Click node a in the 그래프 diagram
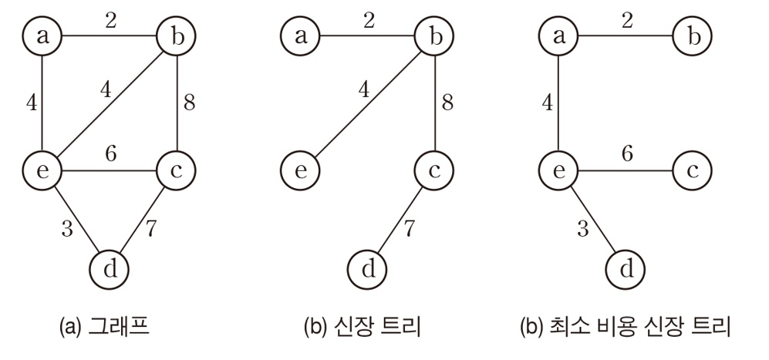[x=43, y=35]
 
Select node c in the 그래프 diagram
[x=176, y=170]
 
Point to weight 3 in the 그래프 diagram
[x=67, y=228]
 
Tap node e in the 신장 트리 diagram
[x=302, y=170]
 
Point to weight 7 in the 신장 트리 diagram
[x=409, y=229]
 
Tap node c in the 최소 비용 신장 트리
[x=692, y=170]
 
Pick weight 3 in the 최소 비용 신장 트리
[x=582, y=228]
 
